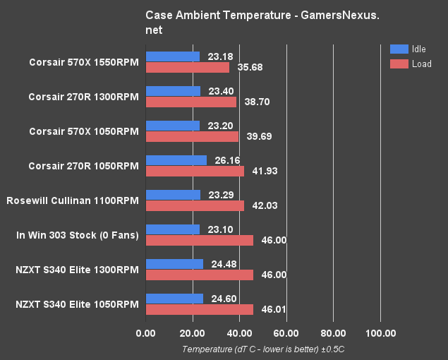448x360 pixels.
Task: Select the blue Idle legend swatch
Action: (x=399, y=49)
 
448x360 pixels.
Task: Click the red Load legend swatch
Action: (x=399, y=64)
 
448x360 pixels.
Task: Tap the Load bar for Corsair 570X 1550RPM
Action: (x=188, y=67)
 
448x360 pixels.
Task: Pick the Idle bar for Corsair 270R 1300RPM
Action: (x=173, y=91)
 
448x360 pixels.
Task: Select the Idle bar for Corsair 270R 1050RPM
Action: (x=176, y=160)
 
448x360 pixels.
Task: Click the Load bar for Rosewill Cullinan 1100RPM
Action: (x=195, y=205)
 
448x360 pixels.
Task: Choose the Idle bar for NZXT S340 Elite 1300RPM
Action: (x=174, y=264)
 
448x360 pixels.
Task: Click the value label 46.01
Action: (x=270, y=309)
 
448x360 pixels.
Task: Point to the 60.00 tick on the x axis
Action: (x=286, y=334)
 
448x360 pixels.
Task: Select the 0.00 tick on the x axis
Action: (x=146, y=334)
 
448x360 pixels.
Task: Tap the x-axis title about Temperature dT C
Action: (x=262, y=349)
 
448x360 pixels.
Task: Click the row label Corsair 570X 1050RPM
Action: (x=84, y=131)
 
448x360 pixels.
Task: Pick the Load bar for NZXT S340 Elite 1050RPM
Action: (x=200, y=309)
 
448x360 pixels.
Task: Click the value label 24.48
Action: (x=221, y=264)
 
